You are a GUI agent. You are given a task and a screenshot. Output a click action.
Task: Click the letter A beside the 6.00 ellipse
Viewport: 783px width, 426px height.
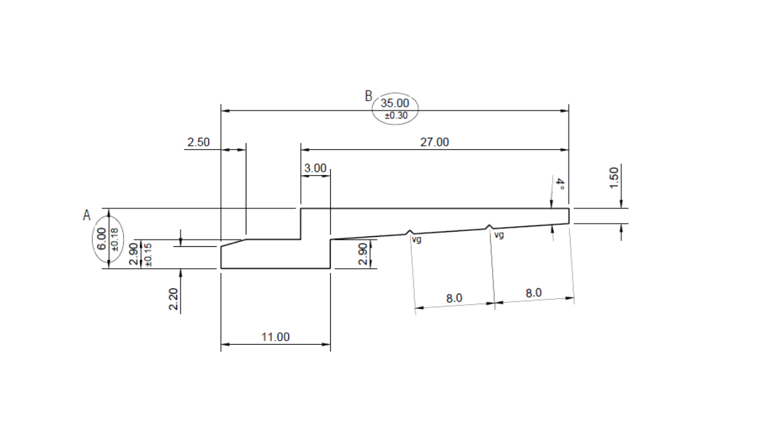click(x=86, y=215)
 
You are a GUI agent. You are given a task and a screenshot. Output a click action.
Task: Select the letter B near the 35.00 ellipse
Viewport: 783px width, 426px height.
click(x=368, y=96)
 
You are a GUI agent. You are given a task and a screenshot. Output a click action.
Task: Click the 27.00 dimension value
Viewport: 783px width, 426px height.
click(x=434, y=142)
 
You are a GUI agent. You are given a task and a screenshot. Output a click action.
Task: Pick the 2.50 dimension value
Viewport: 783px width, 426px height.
click(x=198, y=142)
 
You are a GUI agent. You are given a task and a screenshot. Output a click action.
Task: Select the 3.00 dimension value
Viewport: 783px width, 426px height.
click(x=315, y=168)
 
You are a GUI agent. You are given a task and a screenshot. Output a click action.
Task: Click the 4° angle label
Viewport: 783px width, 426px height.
click(x=560, y=184)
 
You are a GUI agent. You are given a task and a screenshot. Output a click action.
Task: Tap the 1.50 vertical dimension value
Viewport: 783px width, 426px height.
click(x=615, y=177)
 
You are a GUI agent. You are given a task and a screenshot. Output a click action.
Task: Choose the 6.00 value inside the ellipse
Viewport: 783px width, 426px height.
click(x=101, y=238)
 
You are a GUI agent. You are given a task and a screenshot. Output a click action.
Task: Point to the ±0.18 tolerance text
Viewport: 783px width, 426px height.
click(x=113, y=238)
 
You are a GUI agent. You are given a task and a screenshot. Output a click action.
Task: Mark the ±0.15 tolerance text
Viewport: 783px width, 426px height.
click(x=148, y=254)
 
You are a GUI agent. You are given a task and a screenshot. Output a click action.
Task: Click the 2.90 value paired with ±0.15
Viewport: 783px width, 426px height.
click(x=134, y=254)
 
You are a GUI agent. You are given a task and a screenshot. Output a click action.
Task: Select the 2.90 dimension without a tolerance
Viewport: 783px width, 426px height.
click(x=363, y=254)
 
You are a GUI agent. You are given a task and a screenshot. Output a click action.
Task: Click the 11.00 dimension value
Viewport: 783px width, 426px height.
click(x=275, y=337)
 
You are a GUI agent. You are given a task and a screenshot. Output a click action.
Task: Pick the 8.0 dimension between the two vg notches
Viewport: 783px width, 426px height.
click(x=454, y=298)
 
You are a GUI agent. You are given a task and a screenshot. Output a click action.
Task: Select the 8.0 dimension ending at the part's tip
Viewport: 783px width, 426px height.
click(x=533, y=293)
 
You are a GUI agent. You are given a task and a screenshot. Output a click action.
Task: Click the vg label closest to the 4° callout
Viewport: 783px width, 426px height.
click(x=498, y=235)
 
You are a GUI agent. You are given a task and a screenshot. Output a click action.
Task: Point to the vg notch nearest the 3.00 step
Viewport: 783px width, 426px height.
click(x=409, y=232)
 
